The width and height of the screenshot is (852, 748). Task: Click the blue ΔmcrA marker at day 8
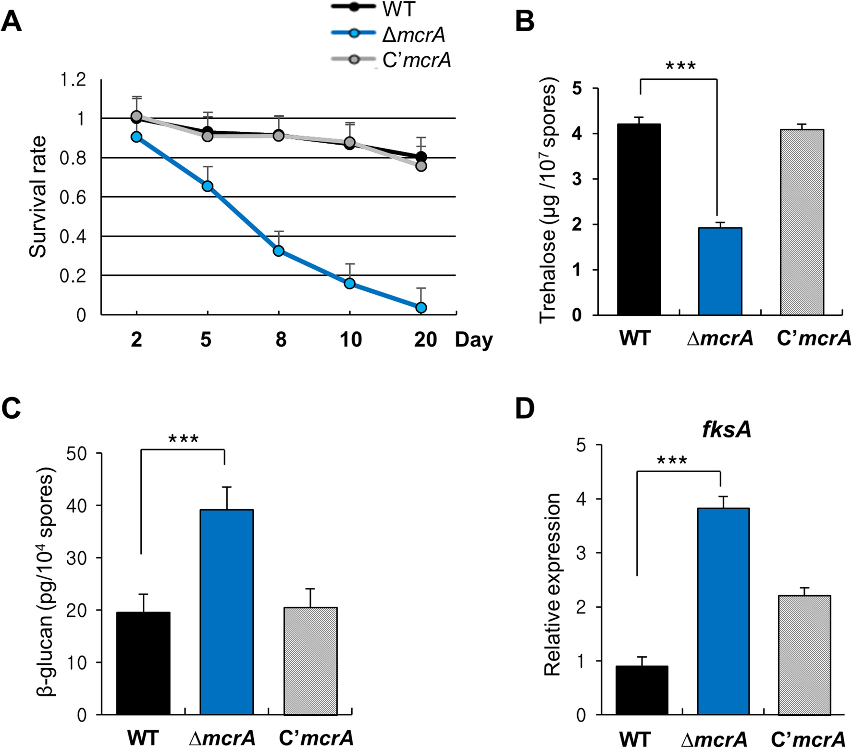[x=278, y=251]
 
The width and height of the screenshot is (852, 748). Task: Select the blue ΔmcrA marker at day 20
[x=421, y=307]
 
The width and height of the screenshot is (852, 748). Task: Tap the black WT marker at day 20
[x=421, y=157]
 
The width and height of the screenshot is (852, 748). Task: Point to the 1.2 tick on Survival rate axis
[x=73, y=80]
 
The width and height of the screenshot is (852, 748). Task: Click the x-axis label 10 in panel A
[x=350, y=340]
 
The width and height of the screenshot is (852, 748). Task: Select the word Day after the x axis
[x=474, y=340]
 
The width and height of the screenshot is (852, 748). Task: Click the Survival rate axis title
[x=38, y=197]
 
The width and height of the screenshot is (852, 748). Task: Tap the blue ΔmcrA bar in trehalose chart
[x=720, y=272]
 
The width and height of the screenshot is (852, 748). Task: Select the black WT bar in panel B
[x=639, y=220]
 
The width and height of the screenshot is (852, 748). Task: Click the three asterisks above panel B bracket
[x=680, y=66]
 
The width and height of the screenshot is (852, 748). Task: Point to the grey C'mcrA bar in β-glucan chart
[x=310, y=661]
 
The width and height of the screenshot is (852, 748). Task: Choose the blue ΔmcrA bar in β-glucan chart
[x=227, y=612]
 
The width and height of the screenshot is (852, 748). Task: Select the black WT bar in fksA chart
[x=642, y=690]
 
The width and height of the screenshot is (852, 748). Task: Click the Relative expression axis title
[x=553, y=584]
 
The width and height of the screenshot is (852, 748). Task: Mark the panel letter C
[x=11, y=409]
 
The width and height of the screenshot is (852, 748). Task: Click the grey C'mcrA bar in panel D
[x=804, y=655]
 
